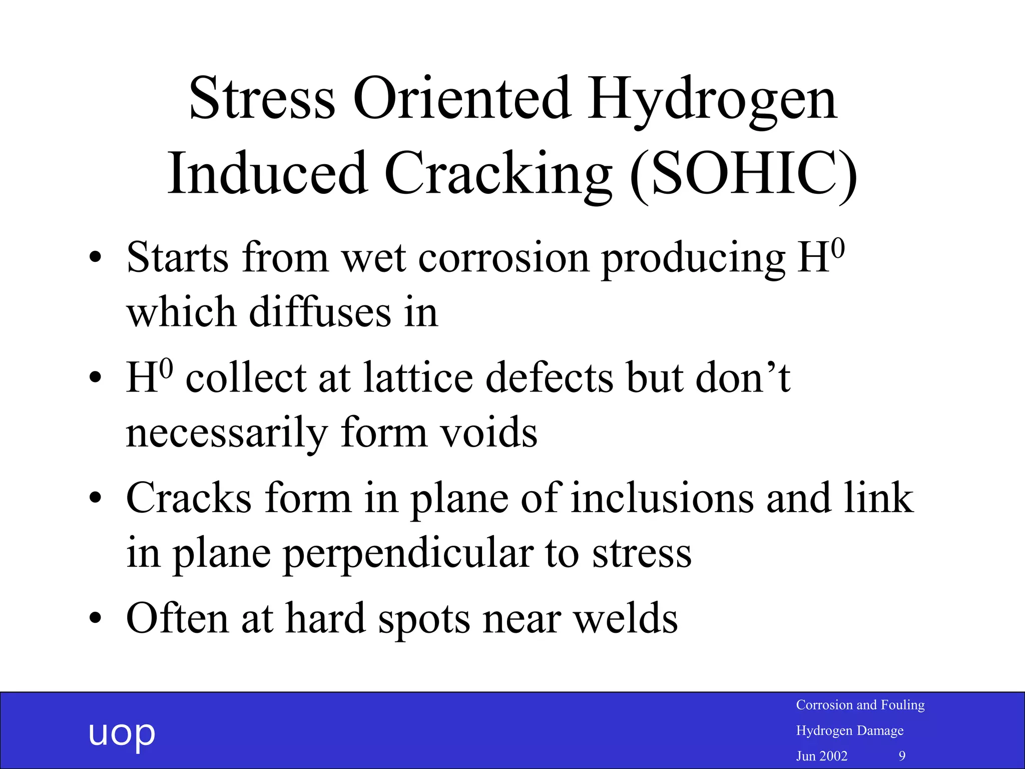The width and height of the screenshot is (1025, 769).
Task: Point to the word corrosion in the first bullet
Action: (x=503, y=258)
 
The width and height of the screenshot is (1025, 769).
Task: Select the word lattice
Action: (x=418, y=378)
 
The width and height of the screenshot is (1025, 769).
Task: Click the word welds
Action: (x=625, y=619)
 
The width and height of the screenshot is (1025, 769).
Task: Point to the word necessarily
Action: (x=227, y=434)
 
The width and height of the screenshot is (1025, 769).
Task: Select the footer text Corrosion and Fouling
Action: (x=860, y=705)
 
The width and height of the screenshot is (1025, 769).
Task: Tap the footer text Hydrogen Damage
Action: (x=849, y=730)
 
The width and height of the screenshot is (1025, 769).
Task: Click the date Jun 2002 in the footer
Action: (x=821, y=756)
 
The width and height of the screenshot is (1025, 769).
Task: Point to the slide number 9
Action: (x=902, y=756)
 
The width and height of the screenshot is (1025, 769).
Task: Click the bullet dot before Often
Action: (x=95, y=619)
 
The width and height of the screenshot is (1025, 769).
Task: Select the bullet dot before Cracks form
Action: (x=95, y=498)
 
